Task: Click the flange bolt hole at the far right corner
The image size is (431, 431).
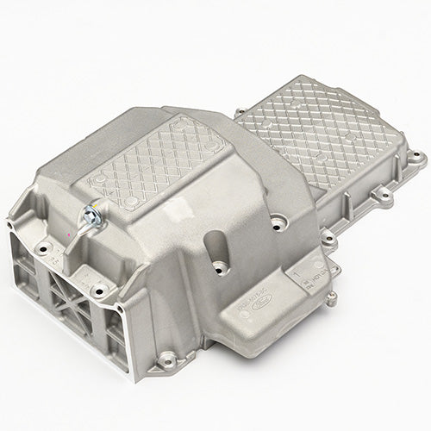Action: [x=420, y=159]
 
